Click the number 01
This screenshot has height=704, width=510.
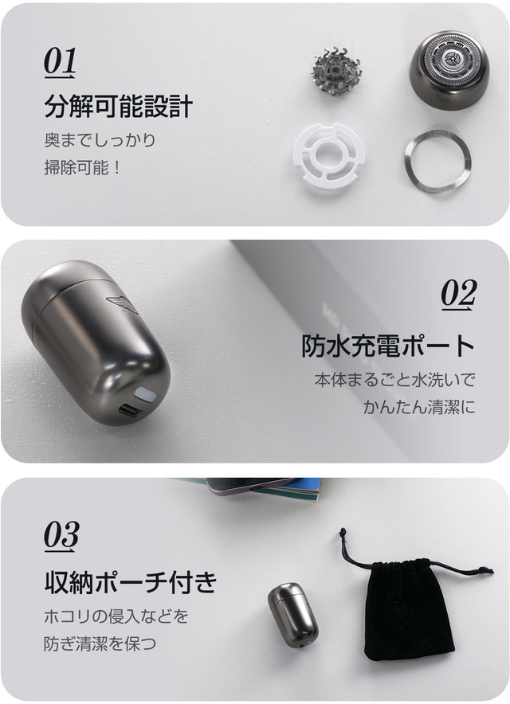60,62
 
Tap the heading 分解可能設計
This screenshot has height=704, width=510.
118,106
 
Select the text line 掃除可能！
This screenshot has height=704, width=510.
82,168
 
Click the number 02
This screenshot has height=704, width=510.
458,295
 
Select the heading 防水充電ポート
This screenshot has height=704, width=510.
388,346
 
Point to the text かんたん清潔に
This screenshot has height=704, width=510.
419,407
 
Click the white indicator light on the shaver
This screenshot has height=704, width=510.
144,393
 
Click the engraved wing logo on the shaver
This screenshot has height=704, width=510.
122,303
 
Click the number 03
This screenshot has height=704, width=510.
61,535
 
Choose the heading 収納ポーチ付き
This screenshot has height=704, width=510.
131,581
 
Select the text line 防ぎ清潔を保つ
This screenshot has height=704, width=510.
100,643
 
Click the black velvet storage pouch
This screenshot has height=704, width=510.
406,606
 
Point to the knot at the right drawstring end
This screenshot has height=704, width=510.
484,571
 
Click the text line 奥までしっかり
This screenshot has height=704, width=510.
100,140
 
